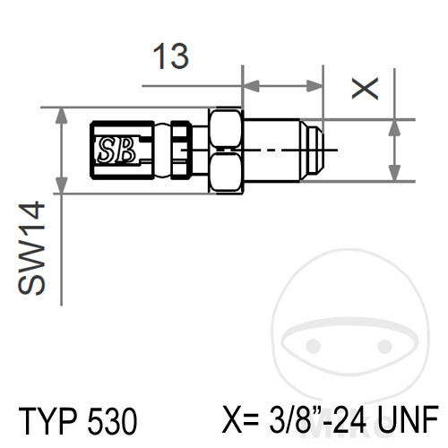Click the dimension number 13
point(171,56)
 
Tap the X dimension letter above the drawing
point(365,88)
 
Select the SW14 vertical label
point(31,248)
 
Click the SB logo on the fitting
point(116,150)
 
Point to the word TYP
point(47,420)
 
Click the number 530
point(112,420)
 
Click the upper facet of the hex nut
point(225,128)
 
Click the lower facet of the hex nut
point(225,171)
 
